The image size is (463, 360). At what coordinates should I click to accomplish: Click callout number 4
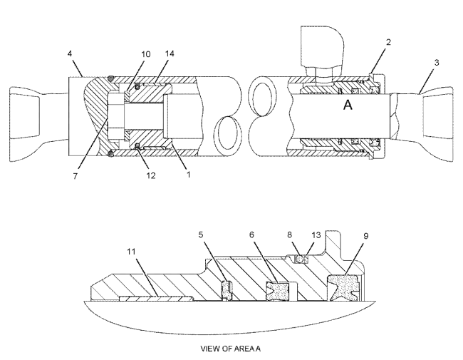pos(70,53)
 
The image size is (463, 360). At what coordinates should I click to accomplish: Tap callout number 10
pos(145,54)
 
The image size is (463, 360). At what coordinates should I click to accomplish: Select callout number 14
pos(170,53)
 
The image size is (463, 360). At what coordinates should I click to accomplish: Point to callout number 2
pos(388,42)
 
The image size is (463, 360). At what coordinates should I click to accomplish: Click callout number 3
pos(437,63)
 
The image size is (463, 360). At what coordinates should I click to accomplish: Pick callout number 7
pos(76,176)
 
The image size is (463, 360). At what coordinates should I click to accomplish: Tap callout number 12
pos(150,175)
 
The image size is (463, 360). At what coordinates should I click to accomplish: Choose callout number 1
pos(188,175)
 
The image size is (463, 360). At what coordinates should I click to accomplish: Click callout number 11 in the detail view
pos(131,252)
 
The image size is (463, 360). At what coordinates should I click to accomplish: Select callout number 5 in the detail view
pos(201,235)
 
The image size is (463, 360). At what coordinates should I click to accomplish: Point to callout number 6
pos(251,235)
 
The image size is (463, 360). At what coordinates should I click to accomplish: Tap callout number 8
pos(289,235)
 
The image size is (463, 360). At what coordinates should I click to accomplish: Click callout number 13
pos(316,235)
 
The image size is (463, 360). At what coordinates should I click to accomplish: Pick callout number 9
pos(366,236)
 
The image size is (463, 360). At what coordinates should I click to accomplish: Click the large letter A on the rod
pos(348,105)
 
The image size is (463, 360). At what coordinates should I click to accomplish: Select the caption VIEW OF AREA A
pos(231,349)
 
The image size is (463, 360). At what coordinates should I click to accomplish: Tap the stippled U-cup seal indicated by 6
pos(277,291)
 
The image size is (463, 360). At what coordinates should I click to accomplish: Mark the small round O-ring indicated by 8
pos(300,259)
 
